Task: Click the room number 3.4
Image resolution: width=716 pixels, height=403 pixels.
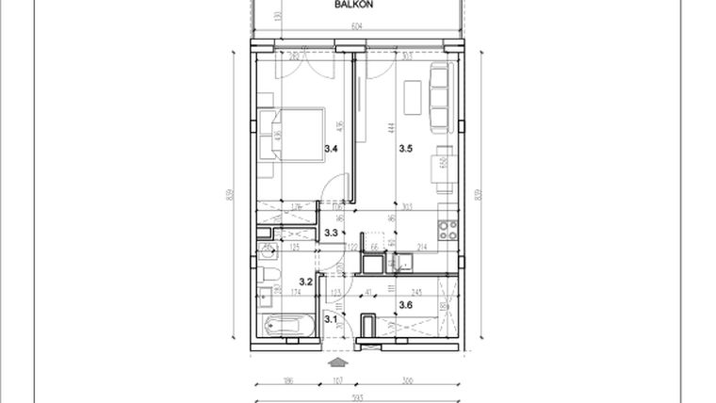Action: [x=332, y=149]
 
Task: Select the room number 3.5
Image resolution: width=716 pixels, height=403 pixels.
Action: [x=406, y=149]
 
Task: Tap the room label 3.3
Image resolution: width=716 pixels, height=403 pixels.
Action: [x=332, y=233]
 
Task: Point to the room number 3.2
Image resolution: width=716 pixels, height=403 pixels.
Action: [x=305, y=281]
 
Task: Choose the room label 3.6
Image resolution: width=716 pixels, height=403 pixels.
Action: [x=406, y=304]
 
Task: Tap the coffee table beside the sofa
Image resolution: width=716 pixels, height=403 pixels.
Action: [x=411, y=96]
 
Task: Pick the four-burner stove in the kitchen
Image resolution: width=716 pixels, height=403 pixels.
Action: [x=447, y=229]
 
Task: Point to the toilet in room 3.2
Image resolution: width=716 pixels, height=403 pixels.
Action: [x=268, y=275]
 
